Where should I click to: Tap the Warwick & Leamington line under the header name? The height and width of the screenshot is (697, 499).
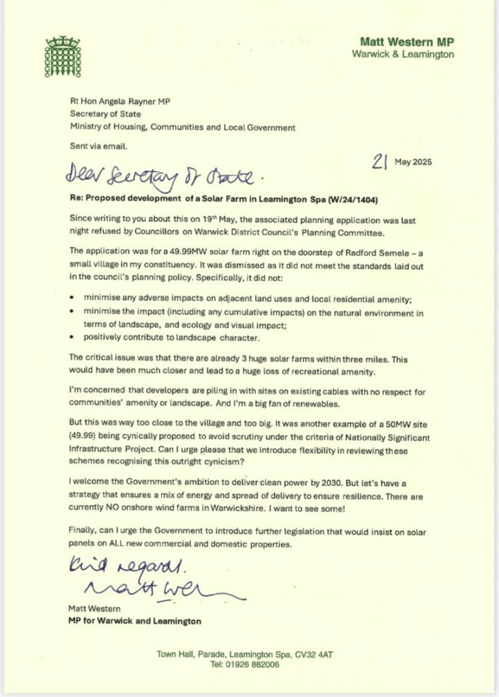coord(404,54)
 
